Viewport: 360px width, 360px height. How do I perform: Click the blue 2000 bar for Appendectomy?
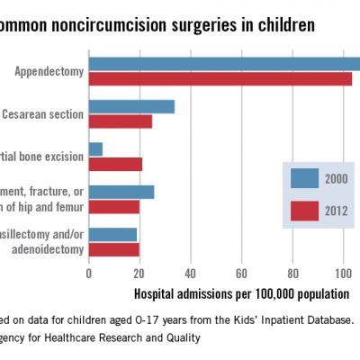coord(224,64)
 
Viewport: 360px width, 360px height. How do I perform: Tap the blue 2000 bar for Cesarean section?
coord(131,107)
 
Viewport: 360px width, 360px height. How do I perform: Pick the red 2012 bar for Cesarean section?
coord(120,121)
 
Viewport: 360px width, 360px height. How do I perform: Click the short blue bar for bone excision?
coord(95,149)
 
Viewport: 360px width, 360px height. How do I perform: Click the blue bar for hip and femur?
coord(121,192)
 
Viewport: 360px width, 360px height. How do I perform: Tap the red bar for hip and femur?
coord(113,206)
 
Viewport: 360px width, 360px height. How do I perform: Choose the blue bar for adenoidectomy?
coord(112,234)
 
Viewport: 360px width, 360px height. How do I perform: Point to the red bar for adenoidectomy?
coord(113,248)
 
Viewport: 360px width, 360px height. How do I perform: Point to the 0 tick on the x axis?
coord(88,273)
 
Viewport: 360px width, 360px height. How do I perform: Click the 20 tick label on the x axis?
coord(139,273)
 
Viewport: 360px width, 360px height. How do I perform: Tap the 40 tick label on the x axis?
coord(190,273)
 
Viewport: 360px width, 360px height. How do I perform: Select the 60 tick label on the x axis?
coord(241,273)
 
